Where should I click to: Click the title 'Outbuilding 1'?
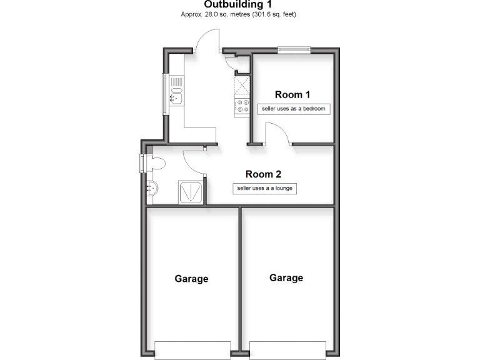(x=239, y=4)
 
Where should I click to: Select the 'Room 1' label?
(x=292, y=95)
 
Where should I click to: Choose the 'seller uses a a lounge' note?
(x=264, y=188)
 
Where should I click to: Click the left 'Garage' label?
(x=191, y=279)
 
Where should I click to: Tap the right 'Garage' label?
(x=286, y=277)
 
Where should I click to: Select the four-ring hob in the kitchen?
(x=241, y=107)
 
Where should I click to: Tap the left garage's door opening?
(x=192, y=348)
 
